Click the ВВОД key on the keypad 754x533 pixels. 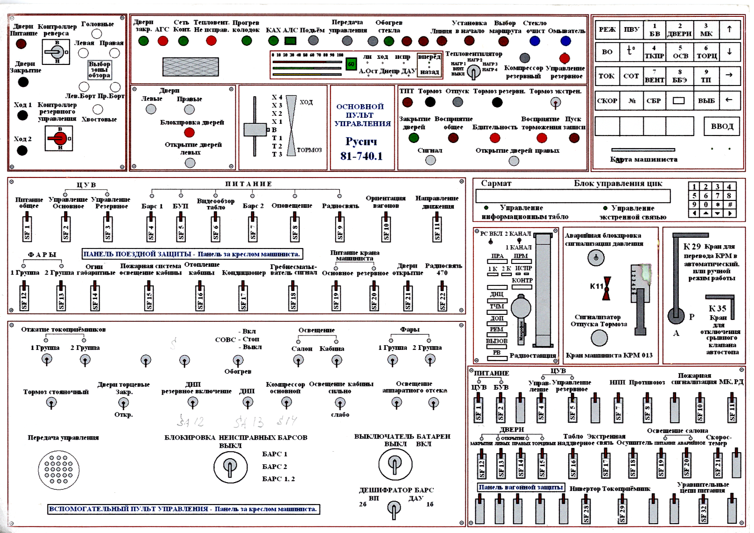pos(722,126)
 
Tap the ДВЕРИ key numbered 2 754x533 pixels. pos(679,30)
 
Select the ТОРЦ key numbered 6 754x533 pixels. pos(706,52)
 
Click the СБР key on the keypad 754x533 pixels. pos(654,100)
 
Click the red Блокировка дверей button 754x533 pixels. pos(190,133)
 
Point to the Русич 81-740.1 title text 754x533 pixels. pos(361,149)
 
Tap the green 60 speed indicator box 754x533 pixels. pos(351,64)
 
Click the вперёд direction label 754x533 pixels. pos(429,57)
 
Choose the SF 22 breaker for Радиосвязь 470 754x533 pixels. pos(443,296)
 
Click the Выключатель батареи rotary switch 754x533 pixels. pos(395,464)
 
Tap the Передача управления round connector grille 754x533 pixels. pos(59,470)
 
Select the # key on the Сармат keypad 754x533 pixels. pos(729,204)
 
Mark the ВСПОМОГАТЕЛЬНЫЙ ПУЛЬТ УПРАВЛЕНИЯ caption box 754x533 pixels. pos(184,509)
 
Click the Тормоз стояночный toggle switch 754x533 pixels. pos(52,403)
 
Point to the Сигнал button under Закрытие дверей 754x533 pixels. pos(430,160)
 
